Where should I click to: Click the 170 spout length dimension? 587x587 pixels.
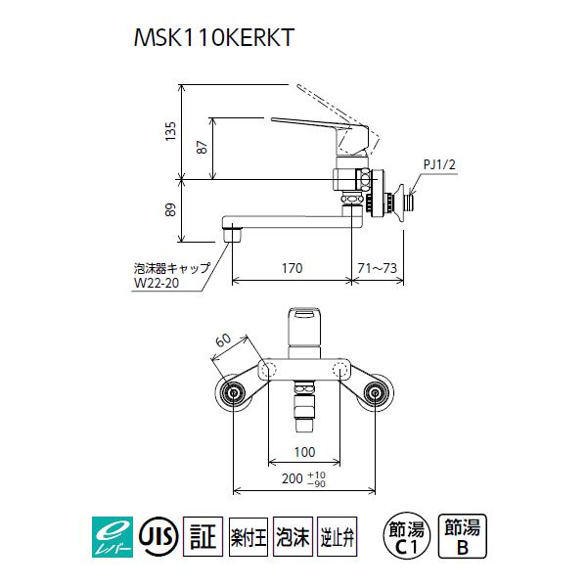tap(291, 267)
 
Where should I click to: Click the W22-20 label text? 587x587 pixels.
tap(160, 285)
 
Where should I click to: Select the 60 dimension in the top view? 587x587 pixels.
tap(222, 341)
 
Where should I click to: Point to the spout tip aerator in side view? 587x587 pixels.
tap(232, 235)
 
